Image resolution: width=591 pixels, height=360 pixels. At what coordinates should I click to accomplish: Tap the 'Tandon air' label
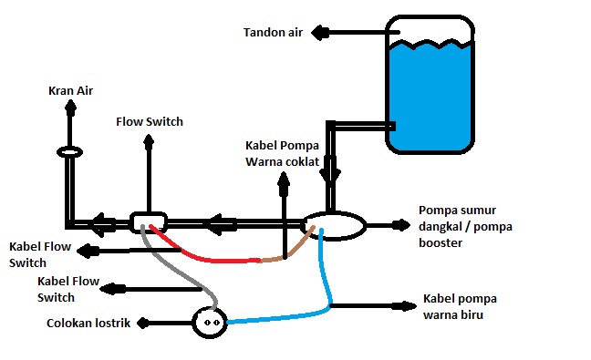click(x=273, y=33)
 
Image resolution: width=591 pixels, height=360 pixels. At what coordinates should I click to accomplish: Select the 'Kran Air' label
click(x=70, y=91)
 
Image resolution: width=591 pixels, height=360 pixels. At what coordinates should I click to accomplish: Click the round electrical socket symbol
click(x=209, y=322)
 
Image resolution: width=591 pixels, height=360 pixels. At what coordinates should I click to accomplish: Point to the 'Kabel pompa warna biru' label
click(x=461, y=307)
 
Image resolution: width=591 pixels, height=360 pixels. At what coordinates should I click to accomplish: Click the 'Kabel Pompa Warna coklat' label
click(x=284, y=154)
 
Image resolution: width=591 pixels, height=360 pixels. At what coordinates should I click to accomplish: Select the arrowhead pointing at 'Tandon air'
click(x=320, y=33)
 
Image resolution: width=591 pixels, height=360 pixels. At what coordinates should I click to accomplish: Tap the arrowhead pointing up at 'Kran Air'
click(x=70, y=109)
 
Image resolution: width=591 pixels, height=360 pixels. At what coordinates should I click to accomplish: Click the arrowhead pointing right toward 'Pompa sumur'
click(x=402, y=224)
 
